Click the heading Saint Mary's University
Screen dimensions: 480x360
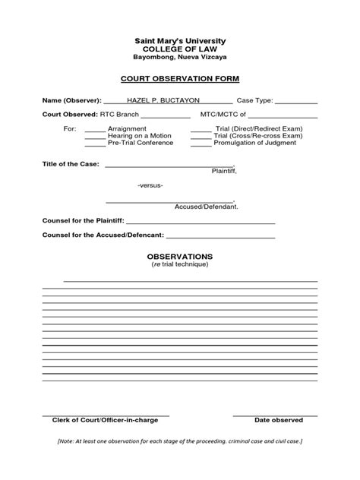click(x=180, y=40)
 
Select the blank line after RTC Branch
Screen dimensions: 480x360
click(x=166, y=116)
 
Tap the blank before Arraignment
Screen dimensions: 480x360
click(x=95, y=131)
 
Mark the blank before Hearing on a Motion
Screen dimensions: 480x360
click(x=95, y=137)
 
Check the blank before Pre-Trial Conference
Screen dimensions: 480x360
click(x=95, y=144)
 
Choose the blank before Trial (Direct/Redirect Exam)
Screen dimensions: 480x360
click(x=201, y=131)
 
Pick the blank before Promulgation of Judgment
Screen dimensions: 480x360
click(x=201, y=144)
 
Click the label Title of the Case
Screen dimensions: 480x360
click(x=71, y=164)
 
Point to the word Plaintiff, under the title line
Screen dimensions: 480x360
click(x=224, y=172)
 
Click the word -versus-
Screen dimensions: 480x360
click(x=150, y=185)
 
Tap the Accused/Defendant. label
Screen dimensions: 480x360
click(x=207, y=207)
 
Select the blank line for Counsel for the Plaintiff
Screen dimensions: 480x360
click(x=201, y=222)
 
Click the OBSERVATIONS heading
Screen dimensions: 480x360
click(x=180, y=257)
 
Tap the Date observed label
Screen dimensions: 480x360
click(x=279, y=419)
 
